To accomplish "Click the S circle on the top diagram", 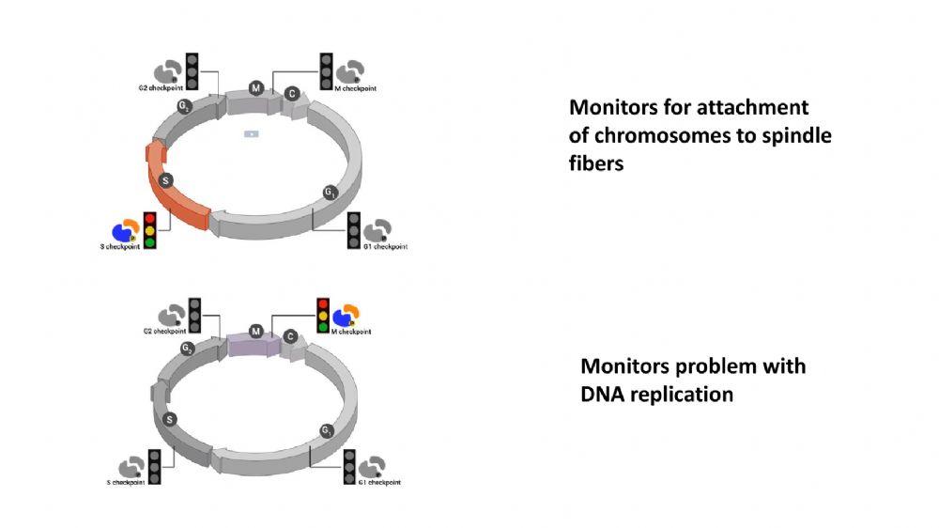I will pyautogui.click(x=165, y=179).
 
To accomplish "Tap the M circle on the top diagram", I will pyautogui.click(x=255, y=87).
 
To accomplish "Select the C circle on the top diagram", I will pyautogui.click(x=292, y=93).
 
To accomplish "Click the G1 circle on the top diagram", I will pyautogui.click(x=331, y=193).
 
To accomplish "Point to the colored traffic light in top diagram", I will pyautogui.click(x=149, y=228).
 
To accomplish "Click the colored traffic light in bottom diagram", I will pyautogui.click(x=323, y=315).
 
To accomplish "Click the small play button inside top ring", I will pyautogui.click(x=251, y=133).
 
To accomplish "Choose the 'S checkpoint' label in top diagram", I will pyautogui.click(x=119, y=247).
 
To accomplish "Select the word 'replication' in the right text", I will pyautogui.click(x=676, y=395).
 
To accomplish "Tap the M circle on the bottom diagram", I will pyautogui.click(x=255, y=331).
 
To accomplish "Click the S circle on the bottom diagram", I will pyautogui.click(x=170, y=419).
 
